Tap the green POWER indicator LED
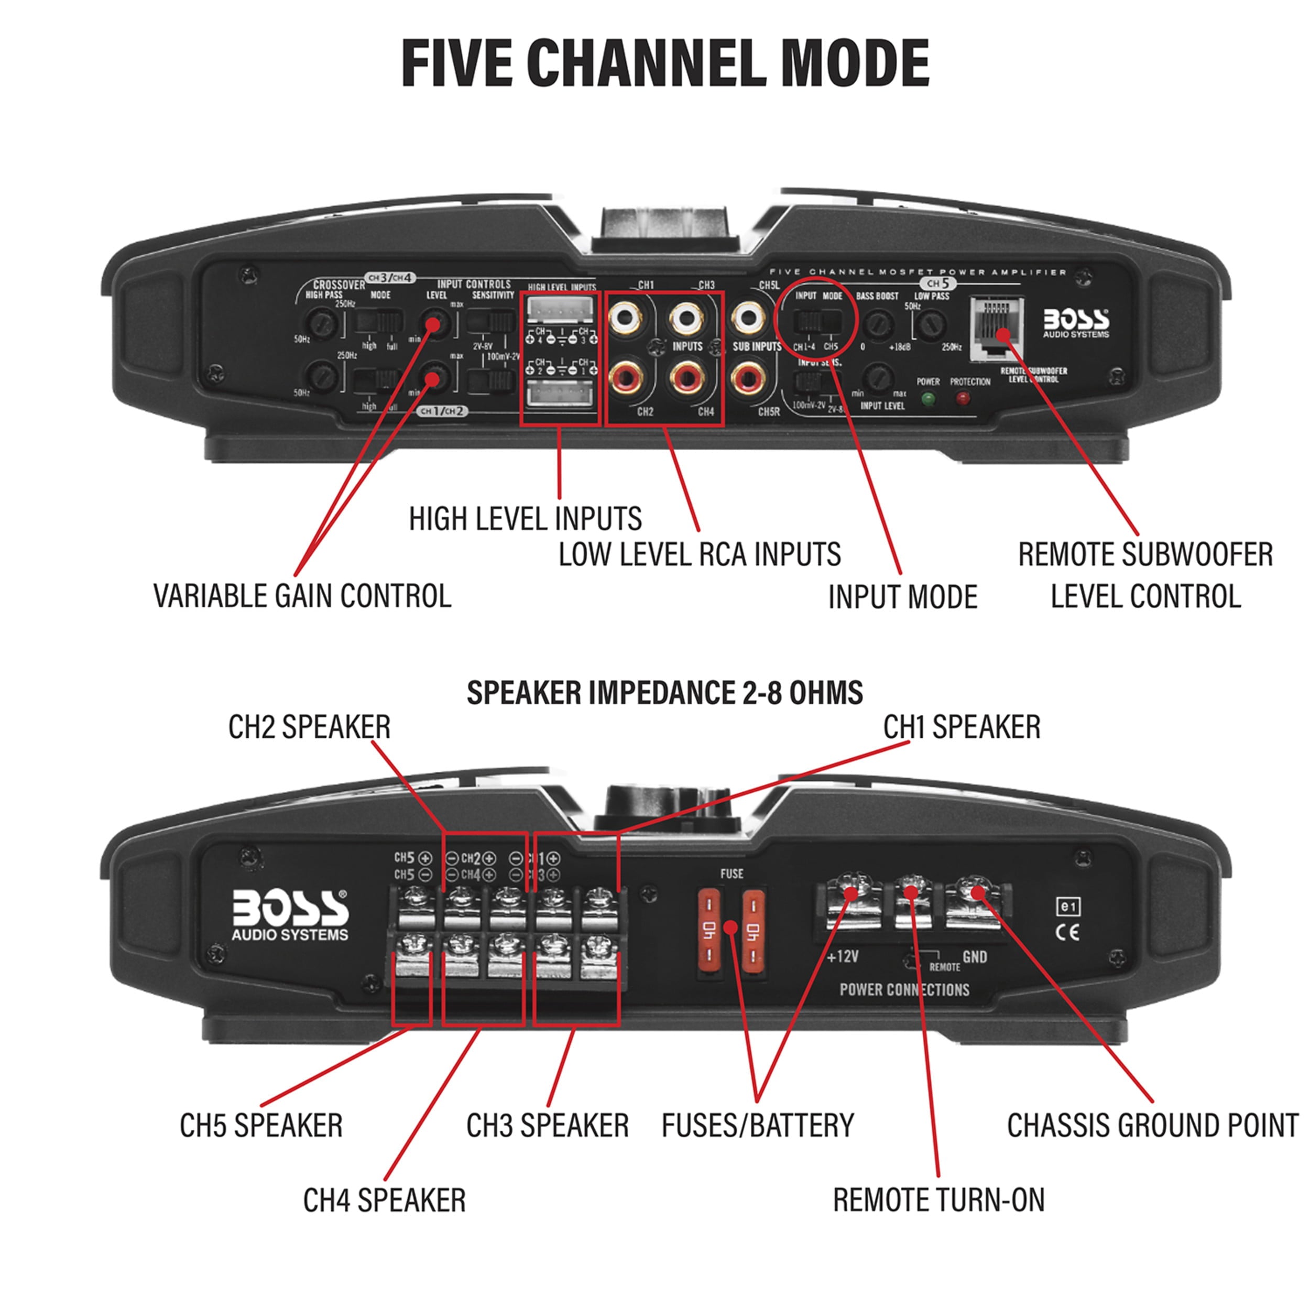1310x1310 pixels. [x=928, y=399]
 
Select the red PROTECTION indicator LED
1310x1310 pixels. [x=962, y=399]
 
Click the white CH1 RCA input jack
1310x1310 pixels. [x=625, y=316]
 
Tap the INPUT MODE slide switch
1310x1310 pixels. [x=817, y=321]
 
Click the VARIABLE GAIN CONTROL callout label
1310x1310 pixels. [x=302, y=596]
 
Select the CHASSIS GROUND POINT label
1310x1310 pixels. [x=1152, y=1126]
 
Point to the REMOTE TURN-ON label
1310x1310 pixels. [x=938, y=1200]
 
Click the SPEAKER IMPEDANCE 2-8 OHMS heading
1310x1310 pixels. [x=664, y=693]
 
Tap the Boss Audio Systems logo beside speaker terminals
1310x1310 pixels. [x=290, y=915]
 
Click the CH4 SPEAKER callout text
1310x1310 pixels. [x=385, y=1200]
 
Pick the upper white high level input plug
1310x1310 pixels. [x=560, y=310]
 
